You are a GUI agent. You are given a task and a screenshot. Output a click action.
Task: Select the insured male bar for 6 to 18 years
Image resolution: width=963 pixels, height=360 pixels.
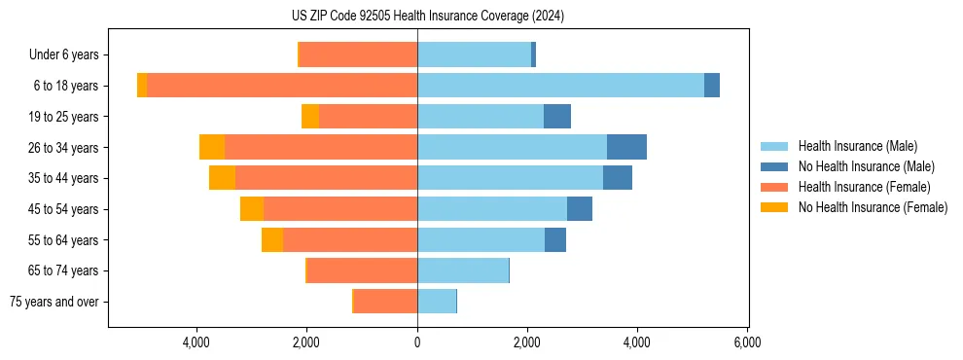point(560,86)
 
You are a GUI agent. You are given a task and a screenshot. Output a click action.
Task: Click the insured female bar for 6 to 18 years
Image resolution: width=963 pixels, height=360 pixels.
point(282,86)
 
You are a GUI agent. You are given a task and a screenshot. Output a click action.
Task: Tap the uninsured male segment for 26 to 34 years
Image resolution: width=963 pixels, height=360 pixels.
point(626,147)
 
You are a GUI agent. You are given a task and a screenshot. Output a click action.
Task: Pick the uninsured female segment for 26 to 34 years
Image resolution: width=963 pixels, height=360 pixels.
point(212,147)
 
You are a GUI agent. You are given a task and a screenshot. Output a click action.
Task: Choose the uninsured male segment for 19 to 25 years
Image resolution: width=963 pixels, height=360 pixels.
point(557,117)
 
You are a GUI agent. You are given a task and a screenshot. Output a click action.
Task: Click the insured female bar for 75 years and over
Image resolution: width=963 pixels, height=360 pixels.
point(386,302)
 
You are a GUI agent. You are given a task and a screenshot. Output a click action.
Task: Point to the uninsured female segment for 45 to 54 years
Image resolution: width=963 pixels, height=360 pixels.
point(252,209)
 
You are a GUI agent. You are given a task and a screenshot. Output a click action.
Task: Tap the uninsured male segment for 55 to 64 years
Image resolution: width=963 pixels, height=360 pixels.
point(555,240)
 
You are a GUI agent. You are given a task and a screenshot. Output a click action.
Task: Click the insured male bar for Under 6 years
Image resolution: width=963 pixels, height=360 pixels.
point(475,54)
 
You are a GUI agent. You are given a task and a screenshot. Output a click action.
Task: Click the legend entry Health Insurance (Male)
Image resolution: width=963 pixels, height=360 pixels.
point(857,146)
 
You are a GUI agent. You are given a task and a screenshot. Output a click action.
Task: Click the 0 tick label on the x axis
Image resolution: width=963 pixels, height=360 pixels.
point(417,342)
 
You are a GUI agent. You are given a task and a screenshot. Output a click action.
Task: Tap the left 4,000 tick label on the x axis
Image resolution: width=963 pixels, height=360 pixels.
point(197,342)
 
